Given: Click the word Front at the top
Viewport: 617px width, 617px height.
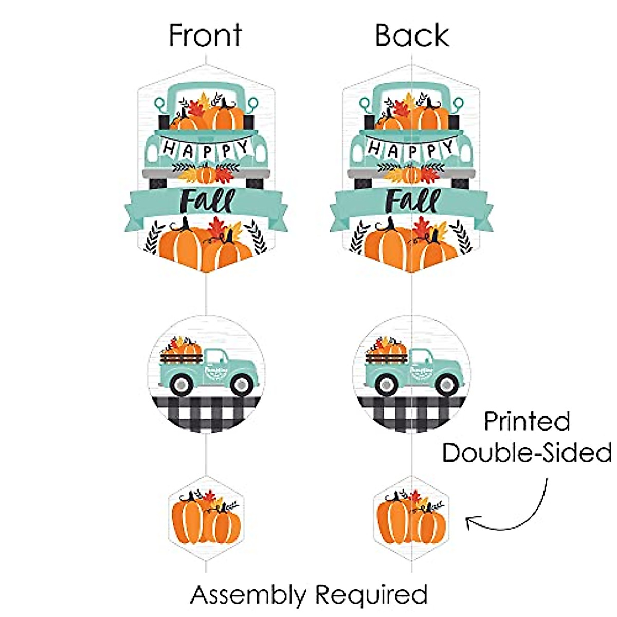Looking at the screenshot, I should tap(205, 36).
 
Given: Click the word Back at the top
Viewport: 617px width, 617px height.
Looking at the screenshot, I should tap(412, 36).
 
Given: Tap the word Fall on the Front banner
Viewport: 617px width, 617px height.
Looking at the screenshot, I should tap(207, 201).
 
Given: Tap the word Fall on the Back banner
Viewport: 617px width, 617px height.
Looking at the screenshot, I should tap(413, 201).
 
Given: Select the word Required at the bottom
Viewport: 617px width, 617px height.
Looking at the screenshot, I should tap(371, 595).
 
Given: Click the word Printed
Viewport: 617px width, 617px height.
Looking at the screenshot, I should tap(527, 422).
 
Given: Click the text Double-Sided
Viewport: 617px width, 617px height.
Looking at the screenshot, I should tap(527, 453).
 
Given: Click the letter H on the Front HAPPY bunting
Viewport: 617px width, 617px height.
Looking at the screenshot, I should tap(169, 149).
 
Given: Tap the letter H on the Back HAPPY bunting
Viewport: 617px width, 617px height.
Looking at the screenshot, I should tap(375, 149).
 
